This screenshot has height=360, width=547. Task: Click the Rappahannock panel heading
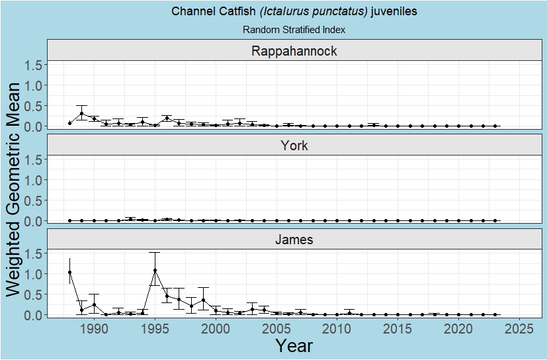pos(294,51)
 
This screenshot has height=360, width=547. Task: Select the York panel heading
pos(294,146)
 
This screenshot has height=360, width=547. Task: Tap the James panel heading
pos(294,240)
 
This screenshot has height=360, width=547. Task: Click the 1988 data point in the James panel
pos(69,272)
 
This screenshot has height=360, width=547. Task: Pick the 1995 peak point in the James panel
pos(155,270)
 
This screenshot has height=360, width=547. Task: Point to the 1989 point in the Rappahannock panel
pos(82,114)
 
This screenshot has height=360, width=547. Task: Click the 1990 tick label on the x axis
pos(94,329)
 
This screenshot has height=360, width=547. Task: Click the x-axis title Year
pos(294,345)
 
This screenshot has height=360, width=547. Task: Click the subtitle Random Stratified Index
pos(294,30)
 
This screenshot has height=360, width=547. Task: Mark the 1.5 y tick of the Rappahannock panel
pos(34,65)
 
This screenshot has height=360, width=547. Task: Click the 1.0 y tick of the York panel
pos(34,180)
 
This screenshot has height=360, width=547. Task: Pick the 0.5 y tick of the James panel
pos(34,294)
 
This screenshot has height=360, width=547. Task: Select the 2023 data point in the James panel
pos(495,314)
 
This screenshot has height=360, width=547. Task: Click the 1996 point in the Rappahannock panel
pos(167,118)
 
